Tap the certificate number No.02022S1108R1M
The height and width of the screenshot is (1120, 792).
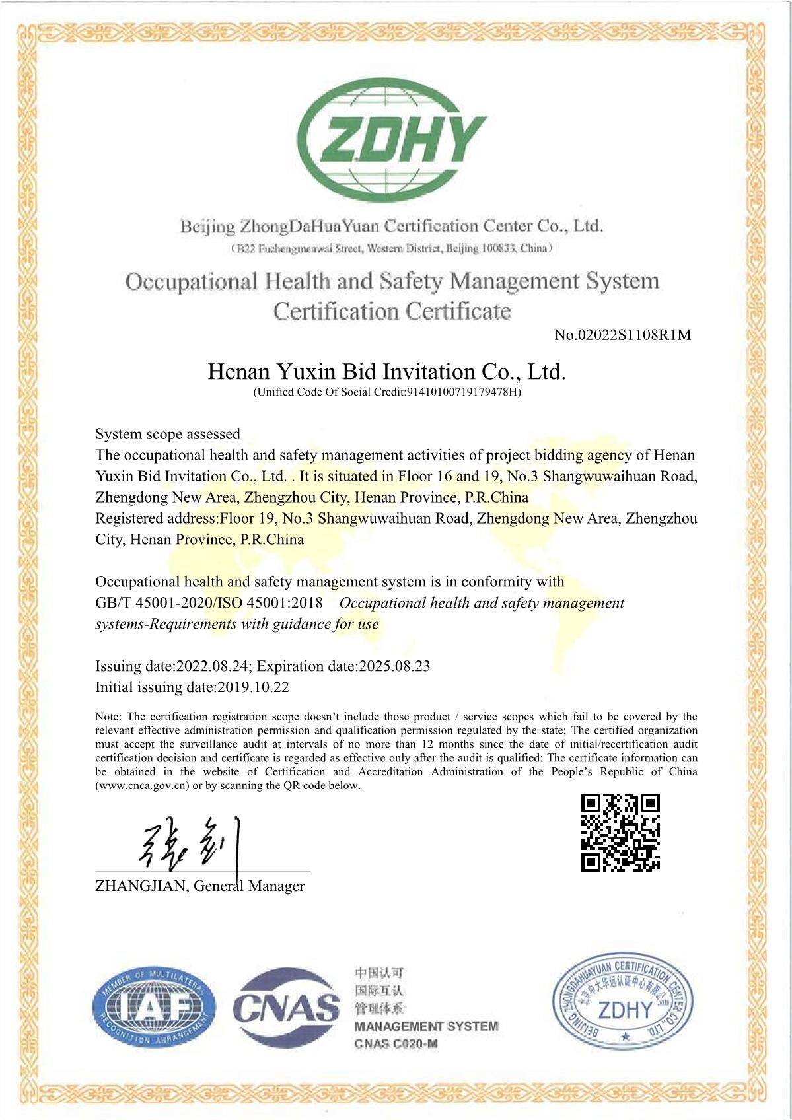(x=622, y=335)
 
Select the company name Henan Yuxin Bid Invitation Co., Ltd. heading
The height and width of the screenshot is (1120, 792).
(x=386, y=372)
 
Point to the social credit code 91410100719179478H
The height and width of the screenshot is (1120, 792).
(x=462, y=392)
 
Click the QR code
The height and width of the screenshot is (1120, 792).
(x=620, y=833)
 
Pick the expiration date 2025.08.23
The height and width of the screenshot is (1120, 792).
(x=394, y=666)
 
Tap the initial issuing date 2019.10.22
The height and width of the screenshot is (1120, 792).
(x=253, y=687)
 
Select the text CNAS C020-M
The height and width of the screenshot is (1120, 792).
(x=396, y=1044)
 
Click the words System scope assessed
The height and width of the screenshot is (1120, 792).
(x=168, y=434)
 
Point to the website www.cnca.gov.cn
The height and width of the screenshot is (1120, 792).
(x=143, y=786)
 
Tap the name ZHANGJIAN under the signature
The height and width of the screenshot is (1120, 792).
(x=141, y=886)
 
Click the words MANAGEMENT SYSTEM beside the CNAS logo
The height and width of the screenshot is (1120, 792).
(x=426, y=1026)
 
